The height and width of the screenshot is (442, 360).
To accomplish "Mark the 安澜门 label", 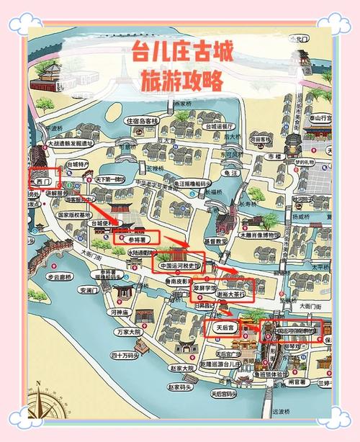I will pyautogui.click(x=89, y=291).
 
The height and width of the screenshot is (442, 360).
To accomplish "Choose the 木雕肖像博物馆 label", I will pyautogui.click(x=258, y=235).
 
